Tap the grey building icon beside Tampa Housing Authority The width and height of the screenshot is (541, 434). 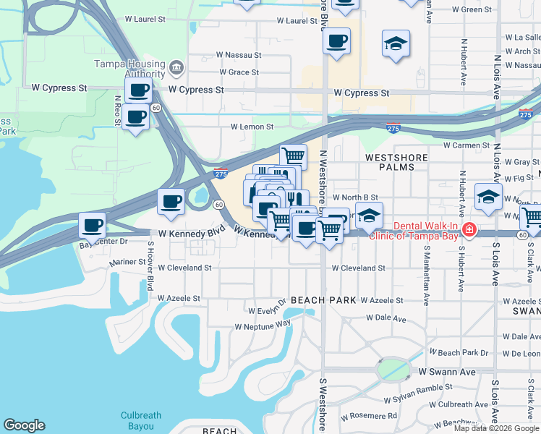176,69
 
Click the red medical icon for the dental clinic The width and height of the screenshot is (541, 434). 469,229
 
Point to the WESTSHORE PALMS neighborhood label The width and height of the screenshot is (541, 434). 390,161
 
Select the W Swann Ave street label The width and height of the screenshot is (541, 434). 448,372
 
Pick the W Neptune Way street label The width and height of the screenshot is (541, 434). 263,325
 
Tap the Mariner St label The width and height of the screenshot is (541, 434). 126,262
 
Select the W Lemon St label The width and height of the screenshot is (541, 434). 252,127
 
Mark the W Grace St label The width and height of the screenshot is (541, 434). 238,72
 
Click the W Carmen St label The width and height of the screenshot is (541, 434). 467,145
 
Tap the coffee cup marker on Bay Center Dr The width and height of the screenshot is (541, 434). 93,224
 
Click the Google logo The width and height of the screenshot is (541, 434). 24,425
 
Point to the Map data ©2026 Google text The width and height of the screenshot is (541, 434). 496,428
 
